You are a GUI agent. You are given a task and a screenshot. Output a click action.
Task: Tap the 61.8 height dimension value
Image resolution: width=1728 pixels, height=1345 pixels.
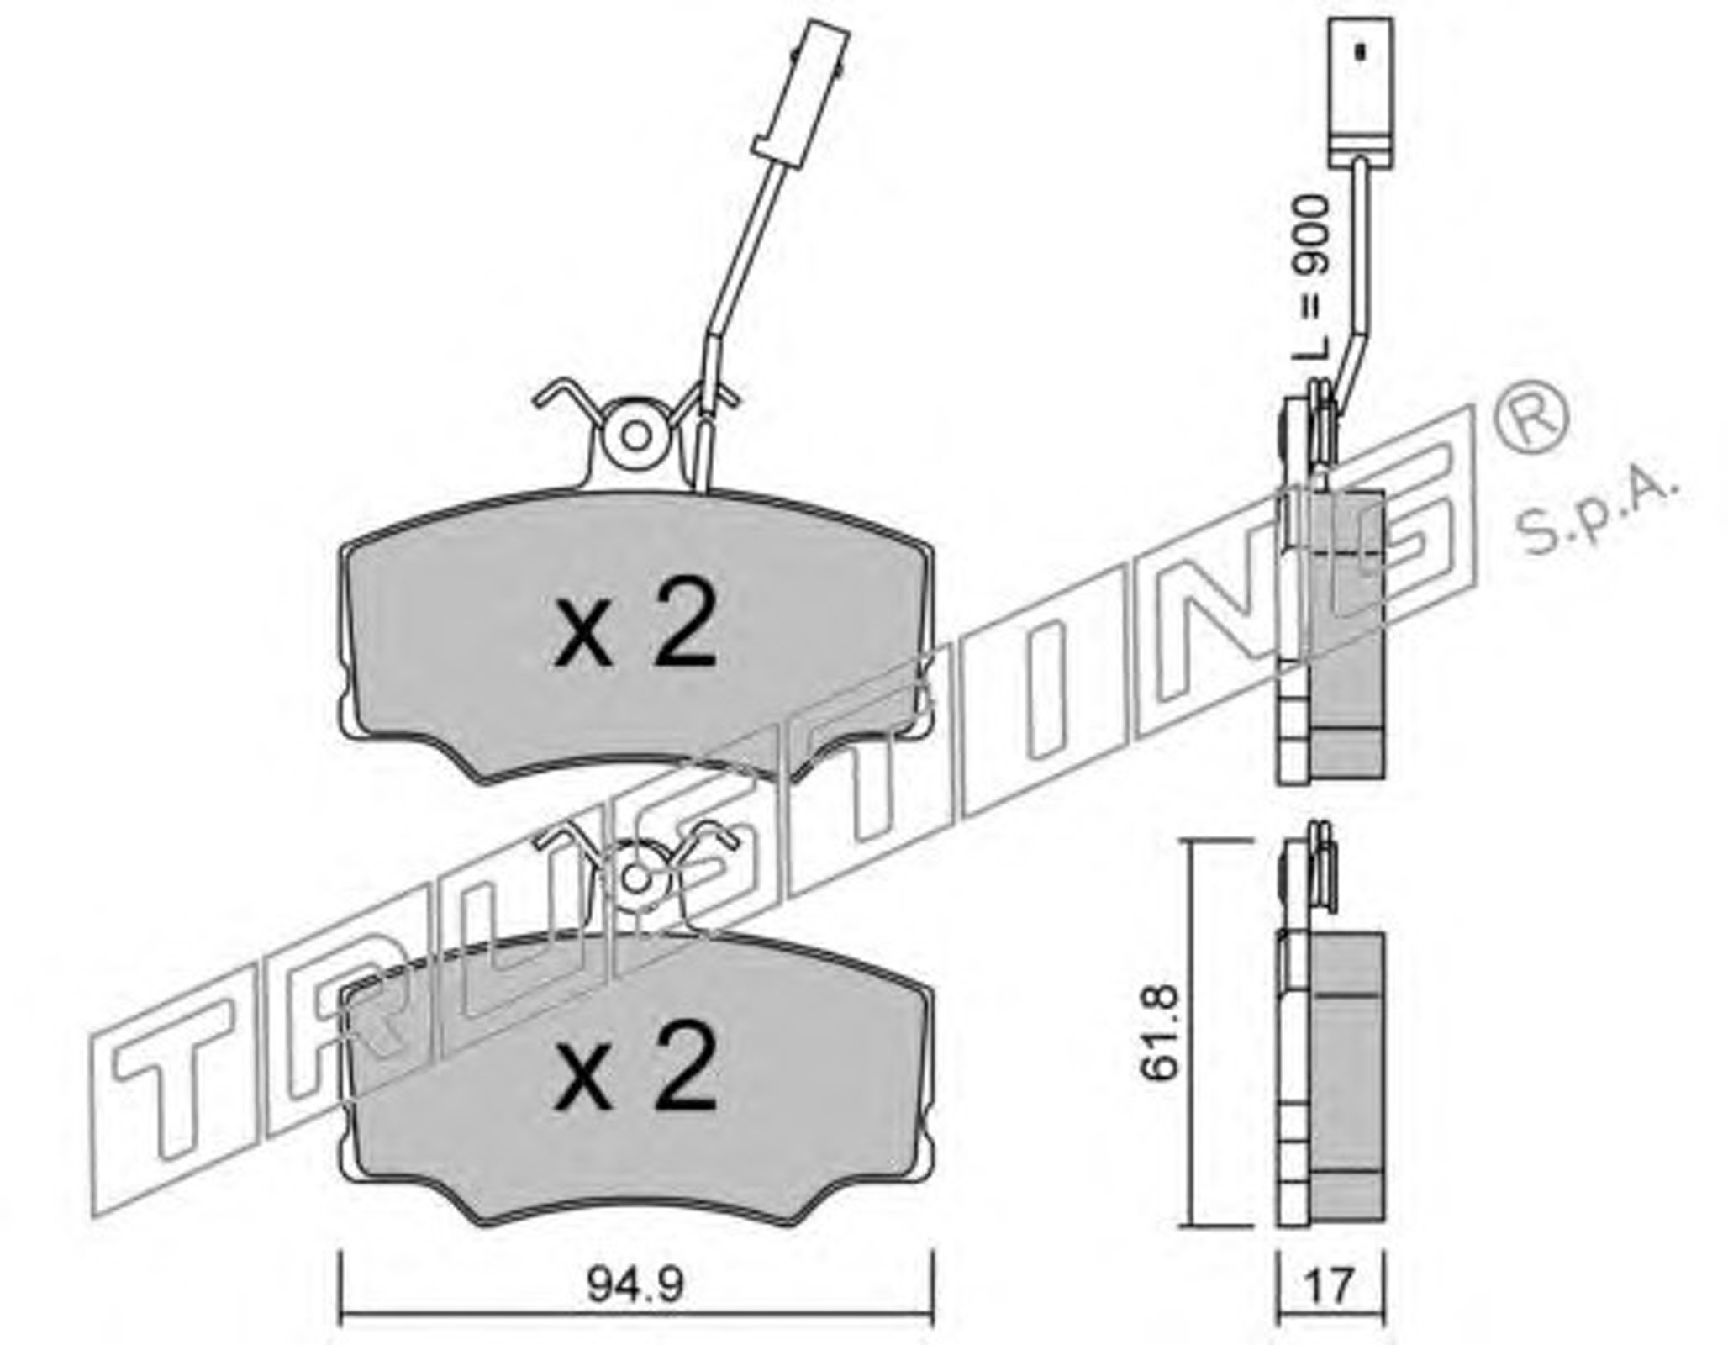click(x=1161, y=1032)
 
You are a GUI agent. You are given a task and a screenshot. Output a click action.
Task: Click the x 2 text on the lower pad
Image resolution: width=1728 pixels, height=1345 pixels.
click(x=635, y=1066)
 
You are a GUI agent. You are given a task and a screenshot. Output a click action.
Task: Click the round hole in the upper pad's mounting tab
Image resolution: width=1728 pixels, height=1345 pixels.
click(x=636, y=435)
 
